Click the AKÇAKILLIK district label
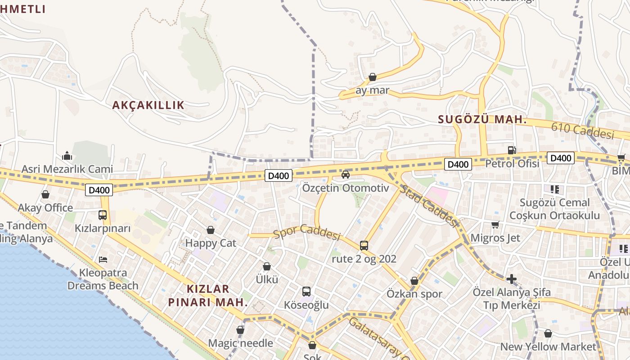pyautogui.click(x=148, y=105)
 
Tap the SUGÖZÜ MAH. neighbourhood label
pyautogui.click(x=482, y=120)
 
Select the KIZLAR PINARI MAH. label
pyautogui.click(x=208, y=295)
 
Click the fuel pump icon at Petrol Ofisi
pyautogui.click(x=512, y=150)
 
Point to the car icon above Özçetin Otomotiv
pyautogui.click(x=346, y=175)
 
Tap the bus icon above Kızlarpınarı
pyautogui.click(x=103, y=215)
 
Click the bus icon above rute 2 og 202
pyautogui.click(x=364, y=246)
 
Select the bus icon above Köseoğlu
pyautogui.click(x=306, y=292)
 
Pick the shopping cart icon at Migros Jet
pyautogui.click(x=495, y=225)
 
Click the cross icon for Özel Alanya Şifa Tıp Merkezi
pyautogui.click(x=511, y=279)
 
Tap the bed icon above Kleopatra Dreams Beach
pyautogui.click(x=103, y=259)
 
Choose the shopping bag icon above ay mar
pyautogui.click(x=373, y=77)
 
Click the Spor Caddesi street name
pyautogui.click(x=307, y=232)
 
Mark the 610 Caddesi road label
pyautogui.click(x=583, y=131)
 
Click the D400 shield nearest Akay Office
pyautogui.click(x=99, y=190)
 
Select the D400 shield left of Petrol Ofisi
pyautogui.click(x=458, y=164)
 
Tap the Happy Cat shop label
pyautogui.click(x=211, y=243)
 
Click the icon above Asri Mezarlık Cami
pyautogui.click(x=67, y=156)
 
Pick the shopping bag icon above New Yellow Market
pyautogui.click(x=548, y=333)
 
